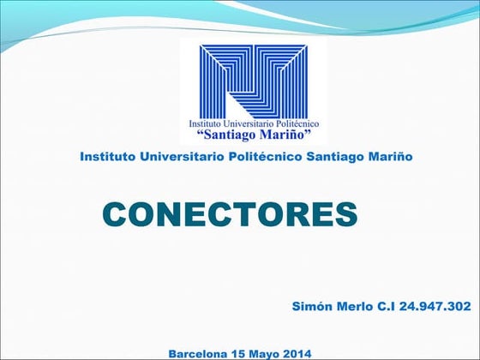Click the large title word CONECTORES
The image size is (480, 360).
coord(229,213)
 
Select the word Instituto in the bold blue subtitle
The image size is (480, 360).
coord(106,157)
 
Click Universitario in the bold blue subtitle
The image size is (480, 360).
coord(178,157)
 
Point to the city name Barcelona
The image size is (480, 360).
coord(198,353)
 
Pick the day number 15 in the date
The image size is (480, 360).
coord(239,353)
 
